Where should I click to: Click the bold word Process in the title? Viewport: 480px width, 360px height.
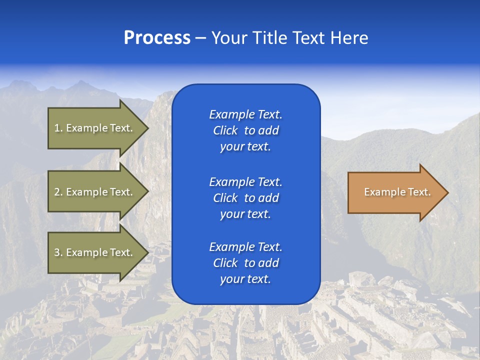157,38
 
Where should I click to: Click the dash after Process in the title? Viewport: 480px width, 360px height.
200,38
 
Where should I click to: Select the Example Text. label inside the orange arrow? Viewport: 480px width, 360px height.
397,192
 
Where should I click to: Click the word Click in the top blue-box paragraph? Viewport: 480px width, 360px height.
225,131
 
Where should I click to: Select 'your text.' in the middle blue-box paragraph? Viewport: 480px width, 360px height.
245,214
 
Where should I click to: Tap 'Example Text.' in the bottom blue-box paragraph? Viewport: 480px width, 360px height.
245,247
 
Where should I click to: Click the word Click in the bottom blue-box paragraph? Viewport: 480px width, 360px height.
225,263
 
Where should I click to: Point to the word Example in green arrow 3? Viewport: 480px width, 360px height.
86,252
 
